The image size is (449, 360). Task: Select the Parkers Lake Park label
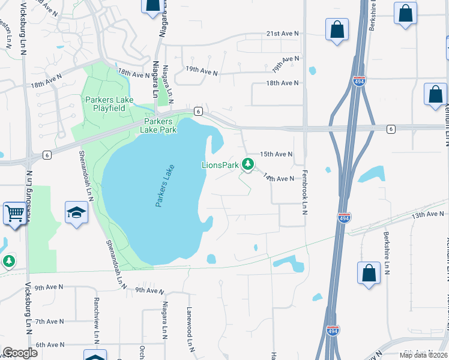[158, 125]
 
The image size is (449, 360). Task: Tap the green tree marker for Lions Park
[247, 164]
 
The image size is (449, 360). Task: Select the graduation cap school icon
[76, 213]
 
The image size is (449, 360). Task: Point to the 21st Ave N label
[283, 34]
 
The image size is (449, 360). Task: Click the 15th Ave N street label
[276, 154]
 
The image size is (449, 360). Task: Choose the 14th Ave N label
[279, 178]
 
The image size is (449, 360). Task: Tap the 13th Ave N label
[427, 214]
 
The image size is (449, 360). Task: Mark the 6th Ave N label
[49, 344]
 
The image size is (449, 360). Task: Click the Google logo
[20, 353]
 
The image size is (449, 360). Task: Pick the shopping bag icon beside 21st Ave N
[337, 29]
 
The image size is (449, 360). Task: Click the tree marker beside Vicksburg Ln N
[8, 261]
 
